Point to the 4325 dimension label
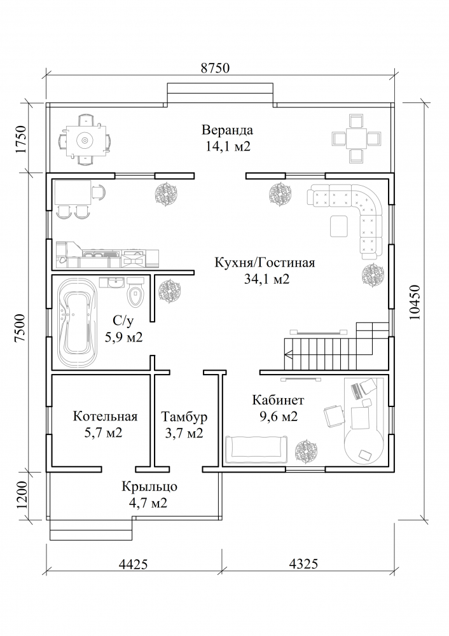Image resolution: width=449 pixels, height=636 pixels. (x=303, y=563)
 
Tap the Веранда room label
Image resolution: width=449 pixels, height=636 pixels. (x=227, y=130)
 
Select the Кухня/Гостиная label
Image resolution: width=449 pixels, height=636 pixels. (x=265, y=263)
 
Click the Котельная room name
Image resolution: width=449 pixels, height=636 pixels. (x=105, y=417)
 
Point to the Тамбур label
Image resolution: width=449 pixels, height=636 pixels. (x=184, y=417)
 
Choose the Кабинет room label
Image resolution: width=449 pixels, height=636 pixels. (x=278, y=401)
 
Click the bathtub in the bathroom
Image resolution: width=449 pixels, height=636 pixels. (x=78, y=323)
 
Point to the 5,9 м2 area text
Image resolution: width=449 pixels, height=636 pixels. (x=124, y=338)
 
